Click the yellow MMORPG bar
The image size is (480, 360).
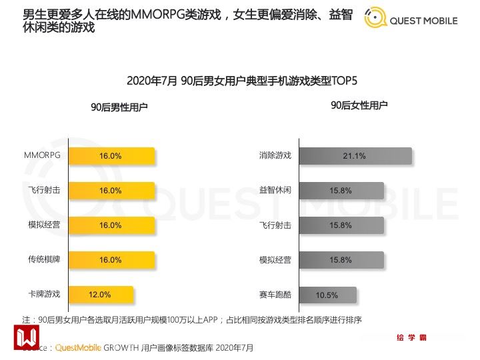pyautogui.click(x=111, y=156)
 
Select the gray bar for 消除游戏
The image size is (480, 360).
pyautogui.click(x=355, y=156)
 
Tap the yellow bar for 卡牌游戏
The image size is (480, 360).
pyautogui.click(x=100, y=295)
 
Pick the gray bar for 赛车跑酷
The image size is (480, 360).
pyautogui.click(x=327, y=295)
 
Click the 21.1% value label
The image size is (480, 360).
pyautogui.click(x=354, y=156)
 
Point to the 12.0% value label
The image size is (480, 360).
pyautogui.click(x=100, y=295)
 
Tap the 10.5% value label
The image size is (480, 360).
pyautogui.click(x=327, y=295)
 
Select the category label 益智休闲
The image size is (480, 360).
pyautogui.click(x=275, y=190)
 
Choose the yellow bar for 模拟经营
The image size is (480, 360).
pyautogui.click(x=111, y=225)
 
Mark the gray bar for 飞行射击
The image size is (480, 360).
pyautogui.click(x=341, y=225)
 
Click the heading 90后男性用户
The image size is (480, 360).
pyautogui.click(x=120, y=107)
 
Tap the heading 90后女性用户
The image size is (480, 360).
pyautogui.click(x=359, y=105)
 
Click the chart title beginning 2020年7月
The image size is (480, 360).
pyautogui.click(x=242, y=81)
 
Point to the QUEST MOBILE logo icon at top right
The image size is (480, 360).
pyautogui.click(x=376, y=19)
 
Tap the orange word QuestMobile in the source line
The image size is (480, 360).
pyautogui.click(x=77, y=348)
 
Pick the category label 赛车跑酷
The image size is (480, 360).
pyautogui.click(x=275, y=295)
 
